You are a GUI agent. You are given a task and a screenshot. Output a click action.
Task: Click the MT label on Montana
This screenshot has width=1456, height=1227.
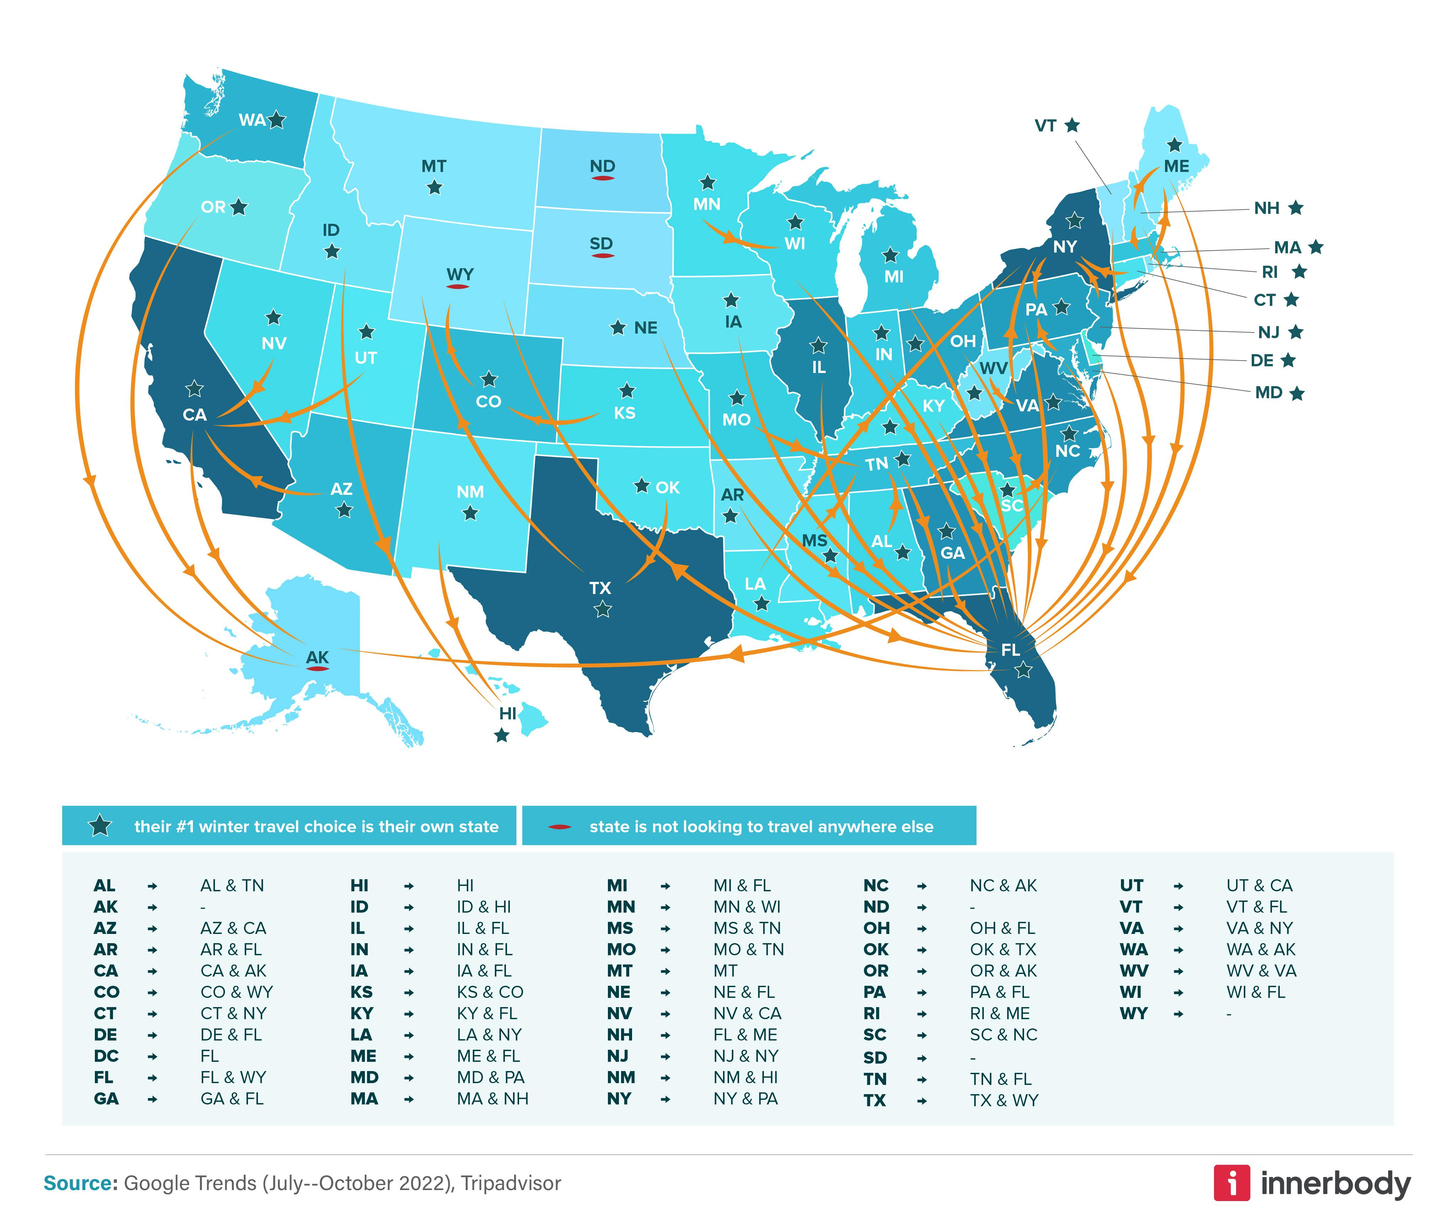(433, 166)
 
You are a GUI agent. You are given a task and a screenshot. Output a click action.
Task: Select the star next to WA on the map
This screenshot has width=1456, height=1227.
(277, 120)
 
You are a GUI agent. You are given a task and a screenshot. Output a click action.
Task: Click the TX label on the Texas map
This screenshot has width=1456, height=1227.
(600, 588)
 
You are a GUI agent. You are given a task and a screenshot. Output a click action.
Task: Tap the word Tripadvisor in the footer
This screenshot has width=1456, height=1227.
(511, 1183)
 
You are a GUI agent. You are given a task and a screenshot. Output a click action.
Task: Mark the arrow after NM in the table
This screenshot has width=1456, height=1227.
(666, 1077)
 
